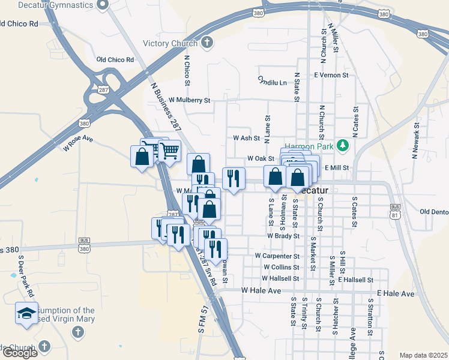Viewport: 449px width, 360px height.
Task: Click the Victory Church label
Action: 170,43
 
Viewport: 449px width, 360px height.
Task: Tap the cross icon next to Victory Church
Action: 207,43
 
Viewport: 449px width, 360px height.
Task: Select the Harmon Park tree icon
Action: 343,145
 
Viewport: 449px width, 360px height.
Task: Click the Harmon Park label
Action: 309,146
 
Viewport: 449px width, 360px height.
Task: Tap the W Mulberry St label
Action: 190,100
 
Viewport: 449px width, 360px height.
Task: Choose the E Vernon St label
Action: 331,75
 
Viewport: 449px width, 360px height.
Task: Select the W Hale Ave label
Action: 261,290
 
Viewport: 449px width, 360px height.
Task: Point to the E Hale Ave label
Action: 396,294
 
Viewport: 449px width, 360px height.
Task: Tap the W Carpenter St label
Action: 277,256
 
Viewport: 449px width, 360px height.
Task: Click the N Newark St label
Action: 415,139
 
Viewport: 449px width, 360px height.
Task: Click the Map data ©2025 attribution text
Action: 423,355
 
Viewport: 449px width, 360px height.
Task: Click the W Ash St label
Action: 246,137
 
